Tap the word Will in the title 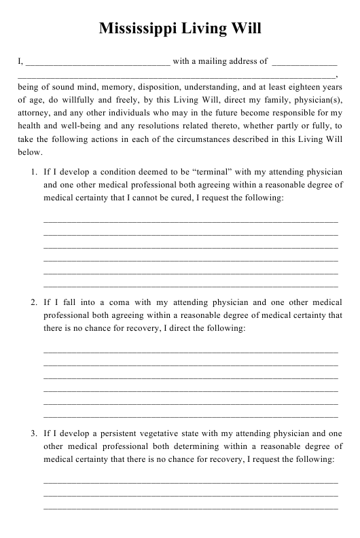pos(245,29)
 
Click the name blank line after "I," pos(98,62)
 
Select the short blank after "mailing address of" pos(304,62)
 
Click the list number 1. pos(34,173)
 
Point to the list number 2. pos(34,302)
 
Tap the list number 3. pos(34,433)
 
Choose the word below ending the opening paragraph pos(29,151)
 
